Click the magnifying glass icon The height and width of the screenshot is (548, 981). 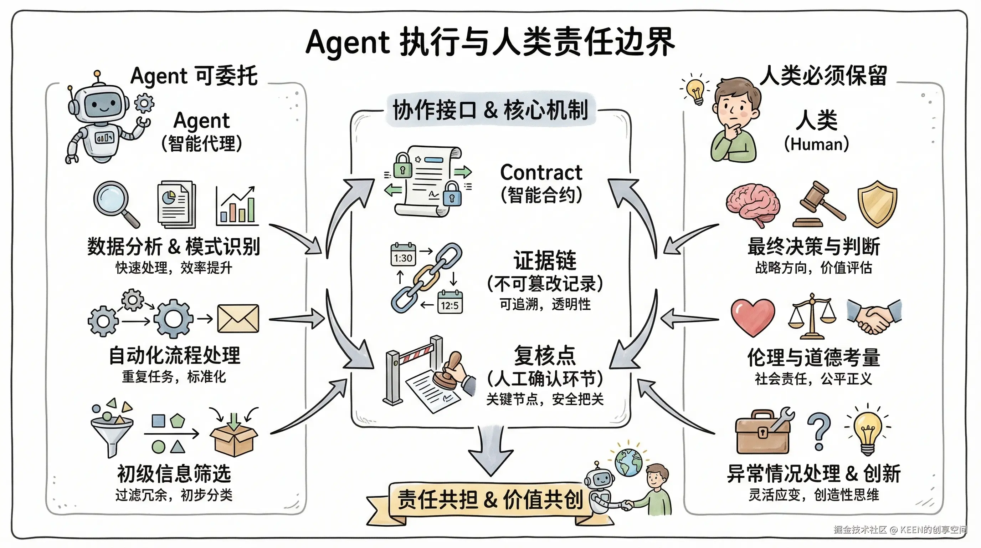pos(114,202)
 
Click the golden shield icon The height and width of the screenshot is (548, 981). pos(877,204)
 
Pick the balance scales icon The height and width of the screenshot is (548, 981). pos(812,316)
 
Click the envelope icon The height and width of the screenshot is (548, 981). pos(238,318)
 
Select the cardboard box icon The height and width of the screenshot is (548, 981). pos(233,436)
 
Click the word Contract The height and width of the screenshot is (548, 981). pos(541,173)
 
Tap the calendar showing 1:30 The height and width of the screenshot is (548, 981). pos(403,255)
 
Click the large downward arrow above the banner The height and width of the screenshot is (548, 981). pos(490,452)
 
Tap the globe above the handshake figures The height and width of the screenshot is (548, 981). pos(628,462)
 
